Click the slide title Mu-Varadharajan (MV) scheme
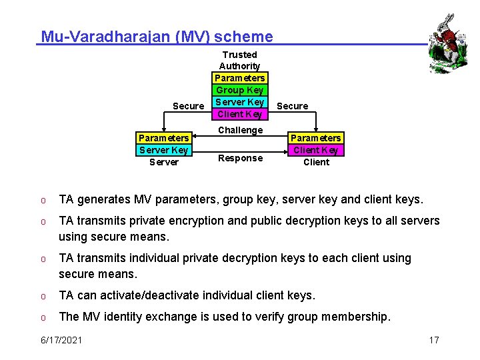click(x=157, y=37)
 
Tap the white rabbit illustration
click(x=444, y=41)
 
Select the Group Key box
click(x=240, y=90)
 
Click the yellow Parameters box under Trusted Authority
click(x=240, y=78)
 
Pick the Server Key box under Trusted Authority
click(x=240, y=102)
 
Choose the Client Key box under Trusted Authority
click(x=240, y=114)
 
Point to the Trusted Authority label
click(x=239, y=60)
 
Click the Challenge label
click(x=240, y=130)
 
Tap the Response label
click(x=240, y=158)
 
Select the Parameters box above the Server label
click(x=164, y=138)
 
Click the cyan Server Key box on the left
click(x=164, y=150)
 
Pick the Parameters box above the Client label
click(x=316, y=138)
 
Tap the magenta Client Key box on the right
click(x=316, y=150)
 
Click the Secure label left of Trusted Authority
click(x=188, y=106)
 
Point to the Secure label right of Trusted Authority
click(x=292, y=106)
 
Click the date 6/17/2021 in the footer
click(x=62, y=340)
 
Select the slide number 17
click(x=434, y=340)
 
